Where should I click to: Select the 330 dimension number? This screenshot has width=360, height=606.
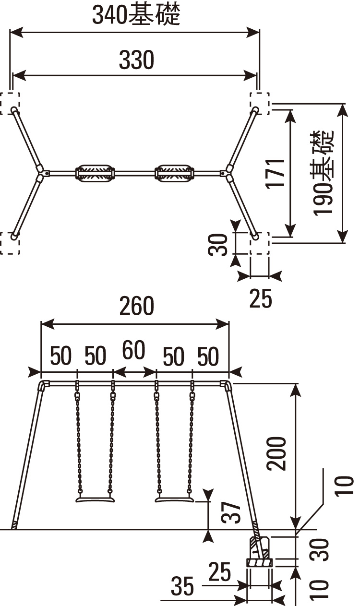(x=137, y=59)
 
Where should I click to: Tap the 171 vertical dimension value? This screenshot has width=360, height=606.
(x=275, y=174)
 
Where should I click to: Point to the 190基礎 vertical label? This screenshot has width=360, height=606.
(x=324, y=173)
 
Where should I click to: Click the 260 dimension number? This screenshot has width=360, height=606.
(x=137, y=306)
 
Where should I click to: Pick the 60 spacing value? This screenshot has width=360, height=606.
(x=133, y=350)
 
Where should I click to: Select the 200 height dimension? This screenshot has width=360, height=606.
(x=276, y=454)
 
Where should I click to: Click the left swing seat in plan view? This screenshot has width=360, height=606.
(x=95, y=173)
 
